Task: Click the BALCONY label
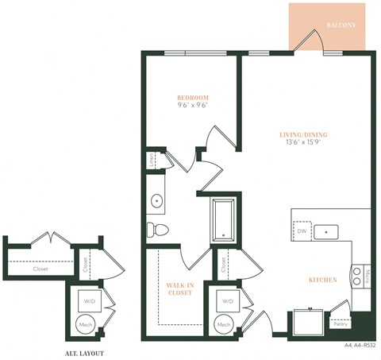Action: coord(341,25)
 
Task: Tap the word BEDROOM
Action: coord(192,98)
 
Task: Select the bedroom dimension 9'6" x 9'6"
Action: coord(192,108)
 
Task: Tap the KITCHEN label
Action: coord(323,280)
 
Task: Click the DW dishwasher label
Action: coord(301,231)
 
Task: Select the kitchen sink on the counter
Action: coord(326,232)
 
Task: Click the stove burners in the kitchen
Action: coord(356,276)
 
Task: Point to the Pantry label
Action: coord(340,324)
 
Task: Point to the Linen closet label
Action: coord(152,161)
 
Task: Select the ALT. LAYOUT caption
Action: coord(83,352)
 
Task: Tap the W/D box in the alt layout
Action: coord(87,301)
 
